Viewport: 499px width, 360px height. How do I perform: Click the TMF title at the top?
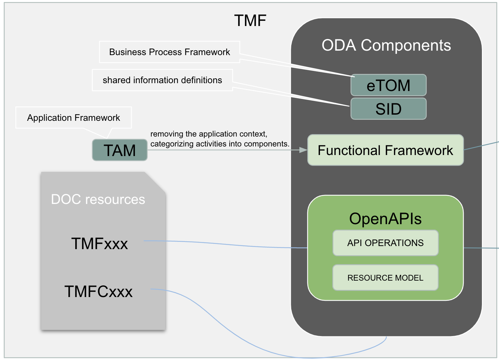tap(250, 21)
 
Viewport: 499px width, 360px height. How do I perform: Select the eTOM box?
tap(388, 85)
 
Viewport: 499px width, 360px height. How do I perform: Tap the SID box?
tap(388, 109)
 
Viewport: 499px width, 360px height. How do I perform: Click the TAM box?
tap(120, 150)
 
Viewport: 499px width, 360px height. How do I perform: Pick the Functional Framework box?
tap(385, 150)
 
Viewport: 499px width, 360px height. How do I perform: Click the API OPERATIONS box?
tap(385, 243)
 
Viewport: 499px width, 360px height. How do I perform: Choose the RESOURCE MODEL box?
tap(385, 278)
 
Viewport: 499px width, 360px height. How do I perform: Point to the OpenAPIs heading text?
tap(385, 219)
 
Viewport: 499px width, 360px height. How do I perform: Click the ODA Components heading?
tap(386, 45)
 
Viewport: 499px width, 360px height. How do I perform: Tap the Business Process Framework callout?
tap(169, 52)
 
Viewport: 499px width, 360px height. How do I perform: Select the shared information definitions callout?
tap(162, 80)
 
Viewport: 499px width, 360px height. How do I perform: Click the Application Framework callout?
tap(74, 118)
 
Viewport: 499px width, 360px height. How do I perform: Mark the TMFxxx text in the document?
tap(99, 244)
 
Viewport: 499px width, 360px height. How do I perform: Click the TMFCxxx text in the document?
tap(99, 292)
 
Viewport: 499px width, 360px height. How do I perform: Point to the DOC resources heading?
tap(98, 199)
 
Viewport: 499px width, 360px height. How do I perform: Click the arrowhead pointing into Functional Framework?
tap(303, 150)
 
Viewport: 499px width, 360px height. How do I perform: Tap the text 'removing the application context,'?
tap(209, 134)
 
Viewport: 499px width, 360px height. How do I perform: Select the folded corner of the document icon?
tap(156, 182)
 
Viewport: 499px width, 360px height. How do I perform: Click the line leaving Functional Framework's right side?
tap(481, 146)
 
